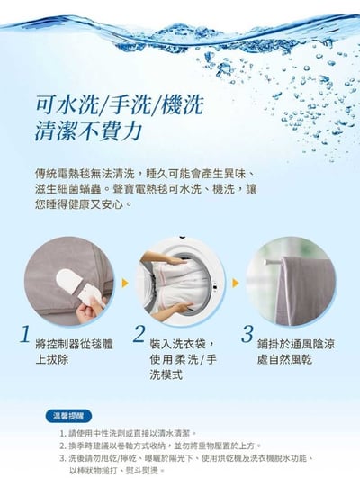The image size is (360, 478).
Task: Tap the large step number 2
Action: click(139, 335)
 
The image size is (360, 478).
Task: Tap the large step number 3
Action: click(247, 335)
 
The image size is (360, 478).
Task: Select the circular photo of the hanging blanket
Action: click(285, 281)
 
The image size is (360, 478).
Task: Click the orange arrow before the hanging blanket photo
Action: click(235, 283)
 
